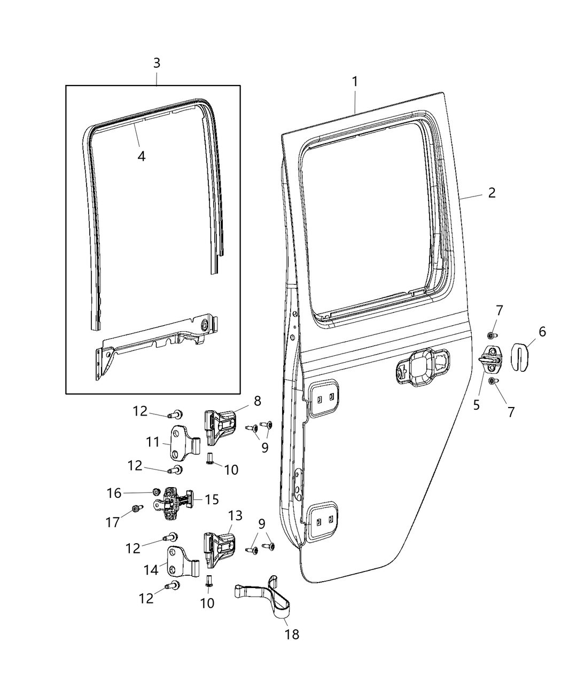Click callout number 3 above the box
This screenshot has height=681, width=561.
pos(157,63)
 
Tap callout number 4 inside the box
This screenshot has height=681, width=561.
pos(141,156)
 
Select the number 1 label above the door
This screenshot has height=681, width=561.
pos(355,82)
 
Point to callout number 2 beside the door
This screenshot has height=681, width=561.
pos(492,192)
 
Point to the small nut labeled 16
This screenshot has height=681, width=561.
pos(157,491)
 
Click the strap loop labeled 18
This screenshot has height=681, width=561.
pos(267,596)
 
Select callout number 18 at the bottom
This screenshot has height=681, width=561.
pos(292,634)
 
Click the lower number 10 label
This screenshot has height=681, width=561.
pos(207,602)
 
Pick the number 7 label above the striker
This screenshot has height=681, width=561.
pos(499,310)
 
